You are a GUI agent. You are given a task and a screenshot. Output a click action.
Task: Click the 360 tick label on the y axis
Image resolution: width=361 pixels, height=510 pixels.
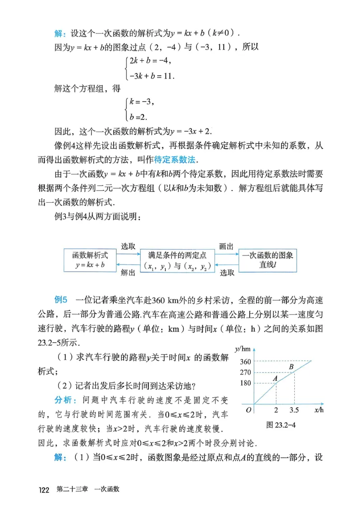point(245,362)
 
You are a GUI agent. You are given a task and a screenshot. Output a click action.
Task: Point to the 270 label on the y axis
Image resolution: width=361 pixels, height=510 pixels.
point(245,372)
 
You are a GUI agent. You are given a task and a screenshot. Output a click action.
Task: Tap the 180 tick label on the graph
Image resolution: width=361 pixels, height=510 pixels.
point(245,383)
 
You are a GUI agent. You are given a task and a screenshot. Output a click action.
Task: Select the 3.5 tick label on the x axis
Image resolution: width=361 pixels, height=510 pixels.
point(294,410)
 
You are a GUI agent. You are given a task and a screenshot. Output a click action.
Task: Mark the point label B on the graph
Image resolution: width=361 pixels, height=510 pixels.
point(292,366)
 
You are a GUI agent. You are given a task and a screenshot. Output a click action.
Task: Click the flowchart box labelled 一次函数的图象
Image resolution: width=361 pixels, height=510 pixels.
point(268,260)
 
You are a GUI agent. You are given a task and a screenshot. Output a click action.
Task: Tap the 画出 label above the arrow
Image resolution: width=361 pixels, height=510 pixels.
point(226,246)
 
